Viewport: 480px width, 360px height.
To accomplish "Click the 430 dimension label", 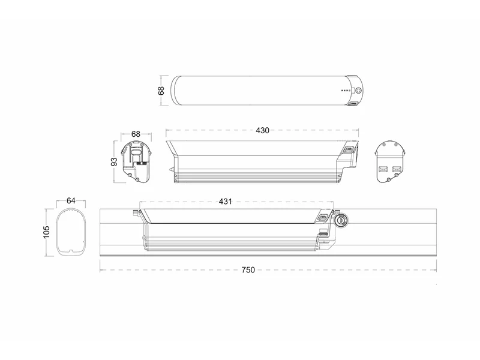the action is click(262, 130).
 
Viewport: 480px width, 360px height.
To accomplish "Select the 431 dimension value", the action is click(226, 202).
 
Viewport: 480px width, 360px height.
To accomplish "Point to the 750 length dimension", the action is click(248, 270).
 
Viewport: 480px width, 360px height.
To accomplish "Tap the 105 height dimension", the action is click(46, 232).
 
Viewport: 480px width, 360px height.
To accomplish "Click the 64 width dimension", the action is click(71, 201).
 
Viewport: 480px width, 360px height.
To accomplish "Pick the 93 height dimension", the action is click(114, 161).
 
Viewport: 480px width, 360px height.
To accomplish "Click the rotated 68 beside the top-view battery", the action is click(161, 91).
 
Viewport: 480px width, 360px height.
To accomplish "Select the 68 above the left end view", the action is click(136, 134).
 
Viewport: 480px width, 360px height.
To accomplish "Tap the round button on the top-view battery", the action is click(358, 91).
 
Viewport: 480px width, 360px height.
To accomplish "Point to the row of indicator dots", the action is click(347, 91).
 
